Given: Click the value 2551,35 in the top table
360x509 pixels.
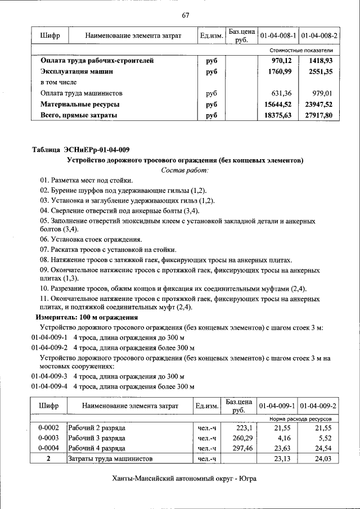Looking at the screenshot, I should click(x=321, y=71).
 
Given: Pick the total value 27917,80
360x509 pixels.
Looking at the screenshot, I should click(x=319, y=115).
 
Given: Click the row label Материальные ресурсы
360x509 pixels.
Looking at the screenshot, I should click(x=80, y=104).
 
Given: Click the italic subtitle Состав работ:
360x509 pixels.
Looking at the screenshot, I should click(x=185, y=170).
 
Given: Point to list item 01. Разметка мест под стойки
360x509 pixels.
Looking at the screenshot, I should click(x=86, y=180).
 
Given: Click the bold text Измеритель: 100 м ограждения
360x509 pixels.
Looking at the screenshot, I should click(x=87, y=317).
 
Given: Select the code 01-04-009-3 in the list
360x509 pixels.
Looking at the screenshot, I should click(x=49, y=376).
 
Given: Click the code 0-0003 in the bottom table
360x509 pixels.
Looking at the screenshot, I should click(x=49, y=437).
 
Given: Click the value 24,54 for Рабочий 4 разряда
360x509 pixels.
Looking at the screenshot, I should click(x=324, y=448).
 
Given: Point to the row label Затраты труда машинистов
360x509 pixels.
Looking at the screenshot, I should click(x=110, y=459).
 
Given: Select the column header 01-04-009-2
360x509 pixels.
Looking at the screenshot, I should click(x=319, y=406).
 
